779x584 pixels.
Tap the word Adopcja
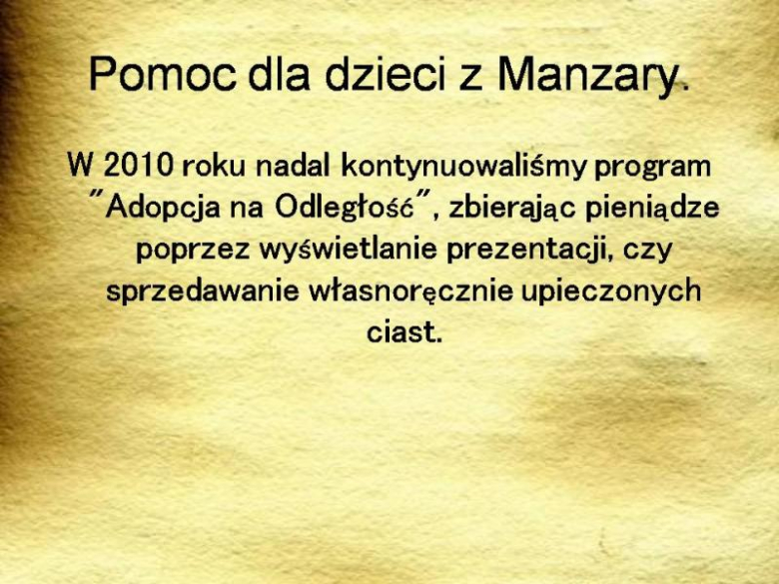pyautogui.click(x=161, y=208)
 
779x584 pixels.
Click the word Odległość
pyautogui.click(x=346, y=207)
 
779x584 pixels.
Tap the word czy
pyautogui.click(x=648, y=249)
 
